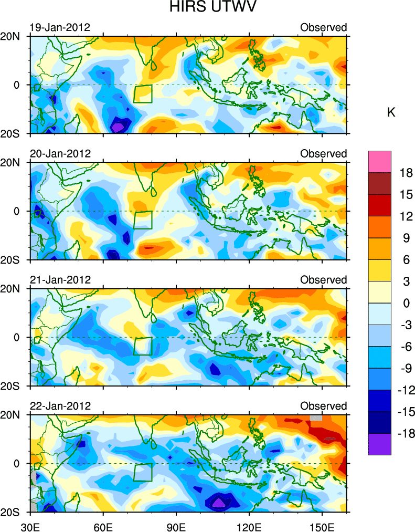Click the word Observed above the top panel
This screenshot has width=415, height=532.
323,27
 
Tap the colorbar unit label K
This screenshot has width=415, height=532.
391,113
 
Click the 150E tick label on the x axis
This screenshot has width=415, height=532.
322,524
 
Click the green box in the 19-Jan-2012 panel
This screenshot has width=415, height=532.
143,93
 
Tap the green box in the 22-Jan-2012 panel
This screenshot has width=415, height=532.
143,472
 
